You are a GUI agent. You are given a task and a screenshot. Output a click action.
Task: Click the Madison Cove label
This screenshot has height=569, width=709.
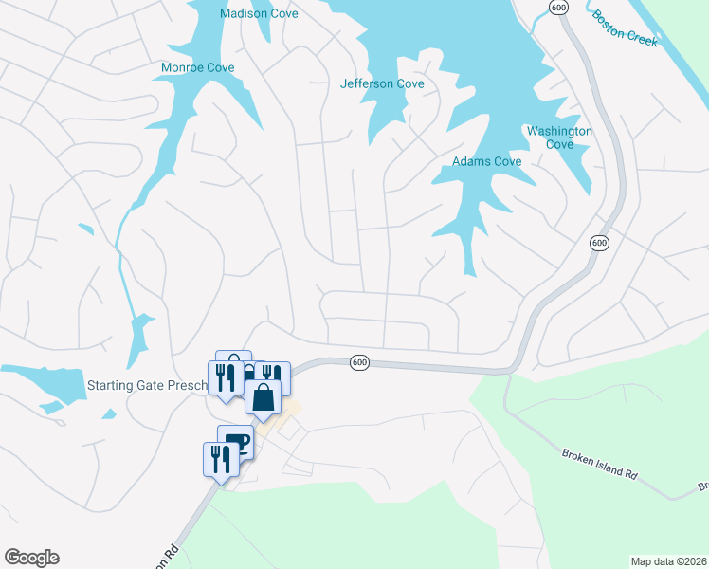pyautogui.click(x=259, y=13)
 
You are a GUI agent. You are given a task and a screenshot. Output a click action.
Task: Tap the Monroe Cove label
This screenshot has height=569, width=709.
pyautogui.click(x=197, y=68)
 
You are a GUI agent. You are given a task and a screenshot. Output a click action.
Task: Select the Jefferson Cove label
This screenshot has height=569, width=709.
pyautogui.click(x=382, y=83)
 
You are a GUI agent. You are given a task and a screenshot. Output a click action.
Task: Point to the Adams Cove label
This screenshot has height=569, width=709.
pyautogui.click(x=486, y=161)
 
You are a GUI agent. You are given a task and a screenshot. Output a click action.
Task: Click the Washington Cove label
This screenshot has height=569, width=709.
pyautogui.click(x=559, y=138)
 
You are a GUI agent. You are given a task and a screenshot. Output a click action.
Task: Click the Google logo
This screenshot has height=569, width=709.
pyautogui.click(x=31, y=558)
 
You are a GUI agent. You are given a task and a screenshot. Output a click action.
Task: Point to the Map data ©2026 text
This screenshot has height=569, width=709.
pyautogui.click(x=668, y=561)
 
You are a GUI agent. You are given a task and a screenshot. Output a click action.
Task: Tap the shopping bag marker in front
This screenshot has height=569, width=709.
pyautogui.click(x=264, y=397)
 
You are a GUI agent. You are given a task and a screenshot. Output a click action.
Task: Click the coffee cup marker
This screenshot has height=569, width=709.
pyautogui.click(x=236, y=442)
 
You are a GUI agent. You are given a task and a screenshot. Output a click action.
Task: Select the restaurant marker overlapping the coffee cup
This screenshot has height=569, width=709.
pyautogui.click(x=220, y=460)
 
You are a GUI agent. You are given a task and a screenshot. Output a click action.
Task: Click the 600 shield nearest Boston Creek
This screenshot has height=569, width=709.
pyautogui.click(x=557, y=8)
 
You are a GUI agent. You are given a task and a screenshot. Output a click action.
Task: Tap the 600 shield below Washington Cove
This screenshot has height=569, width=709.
pyautogui.click(x=598, y=244)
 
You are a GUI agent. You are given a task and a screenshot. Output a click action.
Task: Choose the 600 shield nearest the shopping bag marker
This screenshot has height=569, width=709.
pyautogui.click(x=358, y=362)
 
